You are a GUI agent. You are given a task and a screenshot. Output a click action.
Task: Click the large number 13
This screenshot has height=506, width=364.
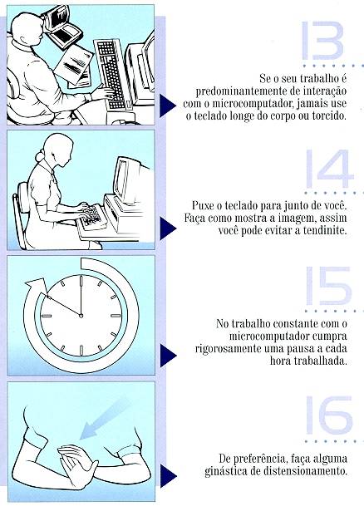click(x=322, y=41)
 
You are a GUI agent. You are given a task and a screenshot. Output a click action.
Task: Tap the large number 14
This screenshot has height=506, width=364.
click(x=329, y=169)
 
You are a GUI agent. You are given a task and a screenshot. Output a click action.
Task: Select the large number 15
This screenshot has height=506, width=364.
click(x=328, y=286)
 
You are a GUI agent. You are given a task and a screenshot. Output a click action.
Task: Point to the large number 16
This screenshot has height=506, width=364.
click(x=329, y=415)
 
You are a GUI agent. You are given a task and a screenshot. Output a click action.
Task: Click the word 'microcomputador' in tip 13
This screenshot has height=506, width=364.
click(x=246, y=104)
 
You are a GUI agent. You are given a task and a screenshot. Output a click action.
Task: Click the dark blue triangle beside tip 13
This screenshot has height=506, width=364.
click(x=167, y=105)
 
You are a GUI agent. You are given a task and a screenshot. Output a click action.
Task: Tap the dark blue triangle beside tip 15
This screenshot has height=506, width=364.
click(x=168, y=356)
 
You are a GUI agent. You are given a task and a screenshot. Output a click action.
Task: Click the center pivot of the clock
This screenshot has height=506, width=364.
click(x=81, y=315)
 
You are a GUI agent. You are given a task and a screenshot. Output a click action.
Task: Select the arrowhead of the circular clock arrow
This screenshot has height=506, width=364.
click(x=36, y=285)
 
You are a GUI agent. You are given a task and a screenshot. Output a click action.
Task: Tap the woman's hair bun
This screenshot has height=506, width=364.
click(x=40, y=157)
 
